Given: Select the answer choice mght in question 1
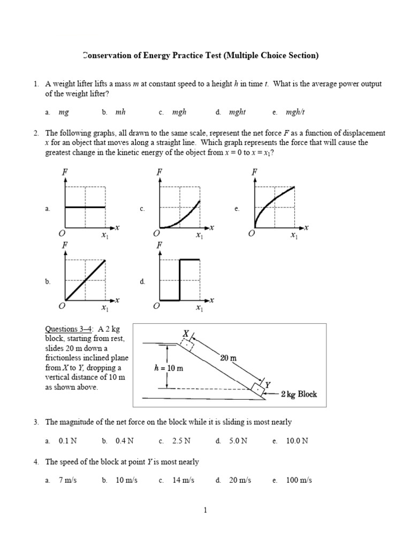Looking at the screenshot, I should click(x=237, y=112).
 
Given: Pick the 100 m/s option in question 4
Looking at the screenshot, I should click(x=299, y=480).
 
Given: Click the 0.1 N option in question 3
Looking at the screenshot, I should click(x=67, y=441).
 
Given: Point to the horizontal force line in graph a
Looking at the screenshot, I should click(x=85, y=207).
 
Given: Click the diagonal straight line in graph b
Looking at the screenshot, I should click(x=85, y=280).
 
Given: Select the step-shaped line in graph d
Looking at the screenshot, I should click(x=179, y=278).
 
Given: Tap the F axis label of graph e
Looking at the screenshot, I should click(x=255, y=172).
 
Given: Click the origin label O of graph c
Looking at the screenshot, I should click(x=156, y=234).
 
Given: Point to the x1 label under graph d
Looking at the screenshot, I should click(x=199, y=308).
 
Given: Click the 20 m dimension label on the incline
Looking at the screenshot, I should click(x=229, y=358).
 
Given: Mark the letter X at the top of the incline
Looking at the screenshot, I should click(x=186, y=333).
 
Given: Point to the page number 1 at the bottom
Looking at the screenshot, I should click(x=205, y=511).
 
